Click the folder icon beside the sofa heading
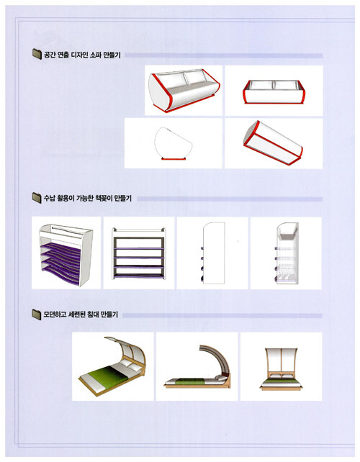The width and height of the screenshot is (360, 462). pos(37,54)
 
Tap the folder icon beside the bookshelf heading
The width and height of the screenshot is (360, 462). pos(37,198)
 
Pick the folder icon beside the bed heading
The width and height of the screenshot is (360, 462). pos(37,314)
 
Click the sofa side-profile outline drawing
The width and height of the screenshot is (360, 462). pos(174,143)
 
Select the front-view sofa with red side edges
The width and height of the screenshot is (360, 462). pos(274,91)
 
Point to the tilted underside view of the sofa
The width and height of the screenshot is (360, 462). pos(274,142)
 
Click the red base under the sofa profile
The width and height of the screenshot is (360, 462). pos(174,159)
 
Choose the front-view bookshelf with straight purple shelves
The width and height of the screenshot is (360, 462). pos(138,253)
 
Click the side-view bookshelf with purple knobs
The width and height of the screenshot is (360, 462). pos(213,253)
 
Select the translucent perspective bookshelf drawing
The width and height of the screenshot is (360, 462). pos(287,253)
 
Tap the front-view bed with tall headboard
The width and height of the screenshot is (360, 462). pos(281,369)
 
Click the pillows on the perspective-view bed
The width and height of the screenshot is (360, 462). pos(130,366)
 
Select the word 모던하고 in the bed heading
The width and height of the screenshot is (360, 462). pos(55,314)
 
